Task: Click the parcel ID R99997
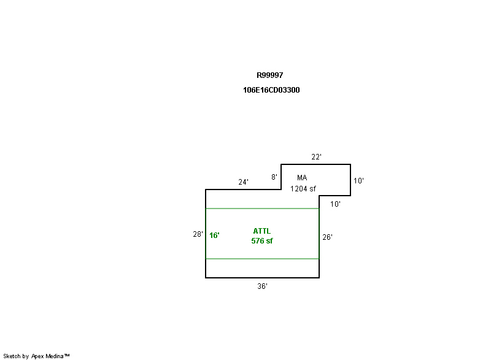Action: pos(269,75)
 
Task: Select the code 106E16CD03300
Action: pos(271,90)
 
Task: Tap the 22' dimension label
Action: pos(316,157)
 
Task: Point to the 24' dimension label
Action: pos(243,182)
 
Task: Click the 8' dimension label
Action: pos(274,177)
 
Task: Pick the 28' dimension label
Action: pos(198,234)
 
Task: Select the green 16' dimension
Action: pos(214,236)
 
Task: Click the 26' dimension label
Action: pos(327,237)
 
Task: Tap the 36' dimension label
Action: pos(263,286)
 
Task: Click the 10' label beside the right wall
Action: pos(358,181)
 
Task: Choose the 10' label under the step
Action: pos(335,204)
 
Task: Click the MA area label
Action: pos(302,178)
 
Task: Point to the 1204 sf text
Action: pos(303,189)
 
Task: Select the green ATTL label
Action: pos(262,231)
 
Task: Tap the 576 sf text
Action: pos(262,241)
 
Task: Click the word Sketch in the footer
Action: pos(12,356)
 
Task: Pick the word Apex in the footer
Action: pos(37,356)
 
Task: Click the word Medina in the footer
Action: pos(55,356)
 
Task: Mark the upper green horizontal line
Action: pos(263,209)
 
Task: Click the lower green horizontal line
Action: pos(263,259)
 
